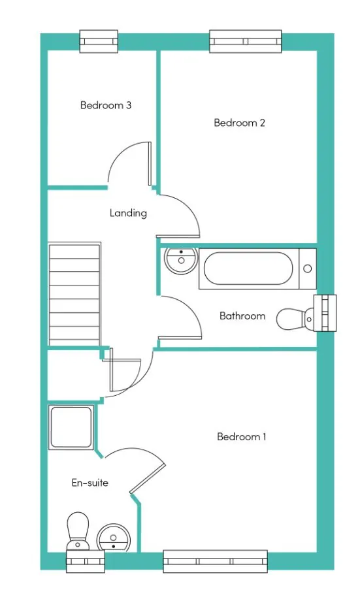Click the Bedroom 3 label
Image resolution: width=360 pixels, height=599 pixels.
(x=106, y=105)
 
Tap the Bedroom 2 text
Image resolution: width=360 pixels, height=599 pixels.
(x=239, y=123)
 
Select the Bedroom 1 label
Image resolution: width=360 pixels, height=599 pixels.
(x=241, y=436)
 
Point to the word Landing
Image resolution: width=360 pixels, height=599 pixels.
(x=128, y=213)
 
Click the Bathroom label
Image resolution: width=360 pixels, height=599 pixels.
(x=242, y=316)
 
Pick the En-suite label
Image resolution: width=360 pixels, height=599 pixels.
(x=90, y=483)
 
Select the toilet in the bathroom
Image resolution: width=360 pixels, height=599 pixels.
(x=291, y=319)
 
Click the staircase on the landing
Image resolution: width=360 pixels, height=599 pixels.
(x=74, y=294)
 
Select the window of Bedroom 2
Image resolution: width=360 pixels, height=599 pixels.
(x=246, y=41)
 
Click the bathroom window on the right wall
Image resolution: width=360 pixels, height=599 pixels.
(x=325, y=313)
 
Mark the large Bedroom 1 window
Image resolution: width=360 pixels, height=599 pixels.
(x=215, y=561)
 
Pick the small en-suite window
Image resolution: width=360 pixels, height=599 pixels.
(x=85, y=561)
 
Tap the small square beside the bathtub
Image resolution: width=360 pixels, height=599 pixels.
(x=308, y=268)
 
